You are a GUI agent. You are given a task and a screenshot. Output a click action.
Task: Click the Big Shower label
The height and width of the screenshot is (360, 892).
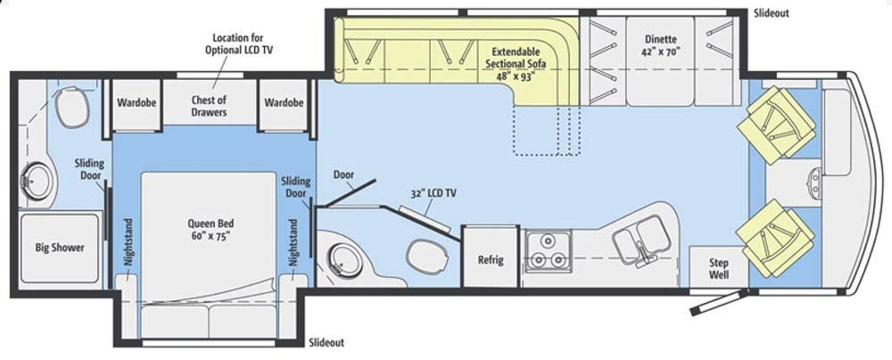(x=60, y=247)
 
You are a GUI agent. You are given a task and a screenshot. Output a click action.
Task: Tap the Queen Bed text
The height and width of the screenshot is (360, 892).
(x=211, y=223)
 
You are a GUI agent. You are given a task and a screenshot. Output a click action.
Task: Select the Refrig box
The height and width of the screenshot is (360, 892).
(x=491, y=256)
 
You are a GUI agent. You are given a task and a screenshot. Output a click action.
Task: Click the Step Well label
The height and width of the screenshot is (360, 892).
(x=719, y=269)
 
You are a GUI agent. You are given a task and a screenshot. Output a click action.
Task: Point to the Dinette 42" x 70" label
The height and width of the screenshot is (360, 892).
(x=661, y=45)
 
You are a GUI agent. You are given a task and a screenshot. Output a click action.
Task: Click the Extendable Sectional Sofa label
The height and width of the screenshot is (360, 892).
(x=516, y=58)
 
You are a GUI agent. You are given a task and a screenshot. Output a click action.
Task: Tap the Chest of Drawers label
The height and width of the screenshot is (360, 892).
(x=209, y=106)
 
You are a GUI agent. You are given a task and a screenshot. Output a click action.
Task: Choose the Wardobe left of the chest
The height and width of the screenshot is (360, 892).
(x=137, y=103)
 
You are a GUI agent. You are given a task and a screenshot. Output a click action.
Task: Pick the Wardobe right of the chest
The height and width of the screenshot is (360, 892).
(x=284, y=103)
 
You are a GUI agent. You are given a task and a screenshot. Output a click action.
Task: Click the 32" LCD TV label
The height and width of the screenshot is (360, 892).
(x=434, y=193)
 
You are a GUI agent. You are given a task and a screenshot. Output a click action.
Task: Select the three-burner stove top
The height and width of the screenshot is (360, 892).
(x=548, y=252)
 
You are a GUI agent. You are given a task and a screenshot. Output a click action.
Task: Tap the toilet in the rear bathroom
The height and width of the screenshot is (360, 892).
(x=72, y=108)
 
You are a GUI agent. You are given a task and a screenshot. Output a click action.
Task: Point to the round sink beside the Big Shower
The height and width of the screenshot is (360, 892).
(x=36, y=182)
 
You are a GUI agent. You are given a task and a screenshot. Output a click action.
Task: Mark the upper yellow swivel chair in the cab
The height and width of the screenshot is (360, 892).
(x=777, y=125)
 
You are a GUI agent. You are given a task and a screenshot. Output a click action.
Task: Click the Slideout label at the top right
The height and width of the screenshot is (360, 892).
(x=772, y=13)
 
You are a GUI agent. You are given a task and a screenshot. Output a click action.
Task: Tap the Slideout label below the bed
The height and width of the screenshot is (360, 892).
(x=327, y=343)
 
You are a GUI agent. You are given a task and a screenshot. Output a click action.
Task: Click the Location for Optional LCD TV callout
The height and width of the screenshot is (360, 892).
(x=239, y=44)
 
